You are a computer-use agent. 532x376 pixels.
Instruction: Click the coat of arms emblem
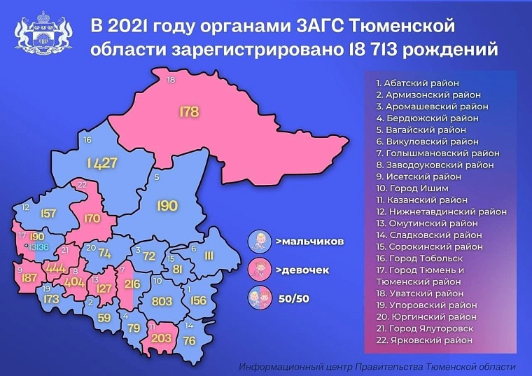43,36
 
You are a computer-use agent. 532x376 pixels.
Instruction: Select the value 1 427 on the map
102,163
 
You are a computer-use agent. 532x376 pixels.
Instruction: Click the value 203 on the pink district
161,338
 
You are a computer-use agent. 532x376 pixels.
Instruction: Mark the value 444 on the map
54,267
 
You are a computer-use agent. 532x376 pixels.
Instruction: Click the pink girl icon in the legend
260,270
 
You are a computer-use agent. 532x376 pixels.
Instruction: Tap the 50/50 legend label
293,299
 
